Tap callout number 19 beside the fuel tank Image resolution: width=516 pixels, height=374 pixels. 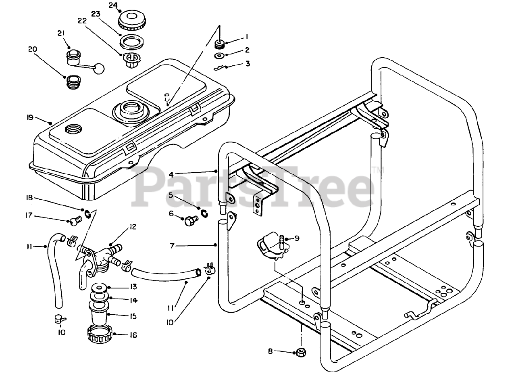[x=30, y=119]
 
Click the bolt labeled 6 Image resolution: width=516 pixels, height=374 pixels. [x=190, y=221]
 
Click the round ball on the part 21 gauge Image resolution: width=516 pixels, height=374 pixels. [x=99, y=69]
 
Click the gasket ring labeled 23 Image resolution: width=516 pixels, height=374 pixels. [x=131, y=41]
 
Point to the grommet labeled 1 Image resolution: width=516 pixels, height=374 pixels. [x=220, y=44]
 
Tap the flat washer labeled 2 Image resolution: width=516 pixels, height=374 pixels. [x=219, y=55]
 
